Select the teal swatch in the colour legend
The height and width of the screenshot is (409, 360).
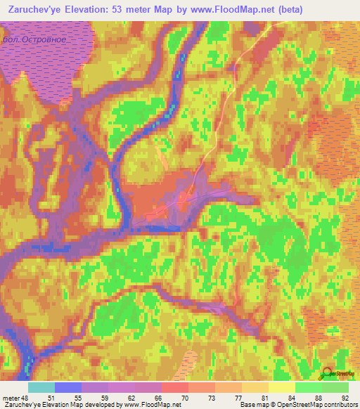pyautogui.click(x=41, y=388)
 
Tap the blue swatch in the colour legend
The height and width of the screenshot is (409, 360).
pyautogui.click(x=68, y=388)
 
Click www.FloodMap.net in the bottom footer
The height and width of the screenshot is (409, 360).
pyautogui.click(x=152, y=405)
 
